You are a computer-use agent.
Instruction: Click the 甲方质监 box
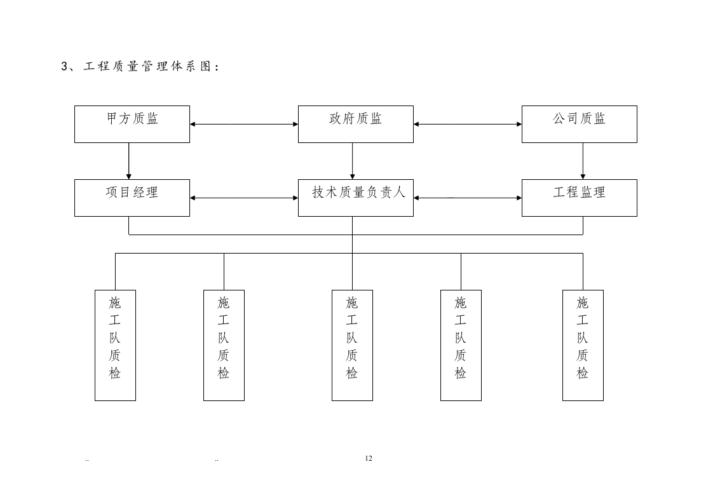tap(132, 124)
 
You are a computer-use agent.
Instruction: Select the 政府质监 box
tap(355, 124)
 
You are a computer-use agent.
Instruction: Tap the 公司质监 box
tap(579, 124)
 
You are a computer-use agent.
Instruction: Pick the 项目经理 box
tap(132, 198)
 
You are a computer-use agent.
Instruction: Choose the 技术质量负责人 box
tap(355, 198)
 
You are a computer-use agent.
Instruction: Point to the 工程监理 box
tap(579, 198)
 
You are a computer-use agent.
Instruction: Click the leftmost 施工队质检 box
tap(115, 345)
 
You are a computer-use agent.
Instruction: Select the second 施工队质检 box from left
tap(224, 345)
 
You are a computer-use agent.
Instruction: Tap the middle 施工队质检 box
tap(352, 345)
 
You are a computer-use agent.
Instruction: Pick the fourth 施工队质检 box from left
tap(461, 345)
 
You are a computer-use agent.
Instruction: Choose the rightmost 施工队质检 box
tap(583, 345)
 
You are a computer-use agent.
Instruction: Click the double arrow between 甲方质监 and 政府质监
tap(244, 124)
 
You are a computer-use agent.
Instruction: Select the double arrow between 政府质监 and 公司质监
tap(468, 124)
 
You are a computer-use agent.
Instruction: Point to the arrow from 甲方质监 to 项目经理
tap(129, 161)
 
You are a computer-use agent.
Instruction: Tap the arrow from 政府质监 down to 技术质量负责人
tap(353, 161)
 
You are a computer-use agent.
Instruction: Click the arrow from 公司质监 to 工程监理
tap(583, 161)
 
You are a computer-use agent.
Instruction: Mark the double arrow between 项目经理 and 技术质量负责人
tap(244, 198)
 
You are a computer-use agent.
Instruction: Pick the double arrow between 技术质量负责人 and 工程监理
tap(468, 198)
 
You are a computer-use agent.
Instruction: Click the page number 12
tap(369, 458)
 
